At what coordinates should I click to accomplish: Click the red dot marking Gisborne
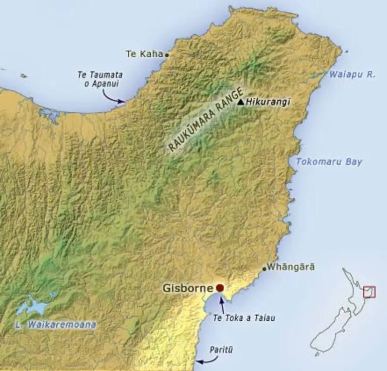[x=220, y=288]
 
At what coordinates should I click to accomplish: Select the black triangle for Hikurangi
[x=241, y=102]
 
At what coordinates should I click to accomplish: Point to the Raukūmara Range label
[x=205, y=120]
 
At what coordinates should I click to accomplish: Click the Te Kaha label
[x=144, y=54]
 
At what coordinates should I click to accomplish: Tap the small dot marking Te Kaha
[x=167, y=54]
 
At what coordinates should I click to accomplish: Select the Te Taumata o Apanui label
[x=100, y=79]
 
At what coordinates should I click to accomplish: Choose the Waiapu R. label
[x=352, y=74]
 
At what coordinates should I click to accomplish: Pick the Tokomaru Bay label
[x=329, y=162]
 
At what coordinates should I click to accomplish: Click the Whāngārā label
[x=292, y=267]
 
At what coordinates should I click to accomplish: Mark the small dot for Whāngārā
[x=264, y=269]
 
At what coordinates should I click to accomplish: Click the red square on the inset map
[x=369, y=292]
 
